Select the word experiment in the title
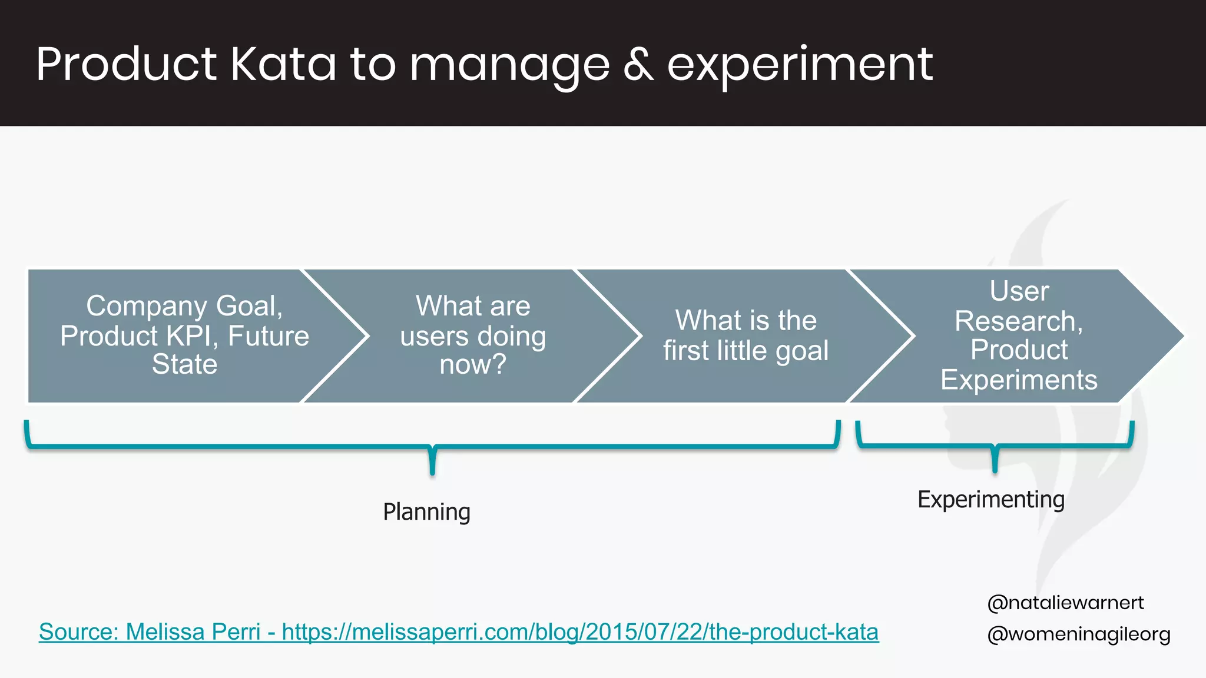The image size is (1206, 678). tap(800, 65)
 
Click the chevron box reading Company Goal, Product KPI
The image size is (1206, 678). tap(177, 335)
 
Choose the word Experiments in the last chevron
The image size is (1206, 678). tap(1019, 380)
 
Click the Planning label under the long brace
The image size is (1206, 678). tap(426, 512)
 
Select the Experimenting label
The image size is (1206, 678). tap(991, 500)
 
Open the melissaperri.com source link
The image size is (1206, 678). tap(580, 632)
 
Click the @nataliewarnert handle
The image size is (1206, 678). tap(1065, 603)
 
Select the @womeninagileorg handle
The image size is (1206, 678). tap(1079, 634)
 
